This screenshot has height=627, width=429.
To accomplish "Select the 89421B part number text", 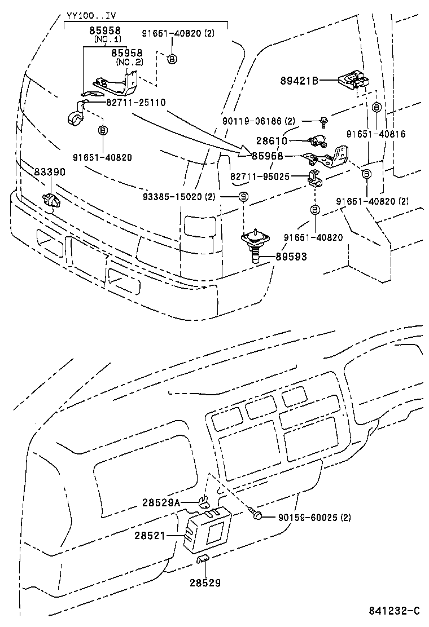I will coord(299,81).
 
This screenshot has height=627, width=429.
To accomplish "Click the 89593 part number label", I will coord(291,257).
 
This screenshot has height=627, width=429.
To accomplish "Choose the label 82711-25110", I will coord(135,103).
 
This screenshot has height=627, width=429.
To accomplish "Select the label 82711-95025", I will coord(260,176).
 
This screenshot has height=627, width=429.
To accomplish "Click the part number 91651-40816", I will coord(376,134).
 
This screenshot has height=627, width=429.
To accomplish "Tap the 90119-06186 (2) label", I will coord(258,121).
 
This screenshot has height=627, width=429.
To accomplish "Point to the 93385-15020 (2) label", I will coord(179,196).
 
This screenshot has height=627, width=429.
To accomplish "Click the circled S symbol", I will coord(243,196).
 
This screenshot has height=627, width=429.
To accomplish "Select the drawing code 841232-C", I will coord(395,611).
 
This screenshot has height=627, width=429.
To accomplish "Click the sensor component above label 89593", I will coord(255,241).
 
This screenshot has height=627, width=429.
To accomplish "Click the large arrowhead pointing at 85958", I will coord(244,151).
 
